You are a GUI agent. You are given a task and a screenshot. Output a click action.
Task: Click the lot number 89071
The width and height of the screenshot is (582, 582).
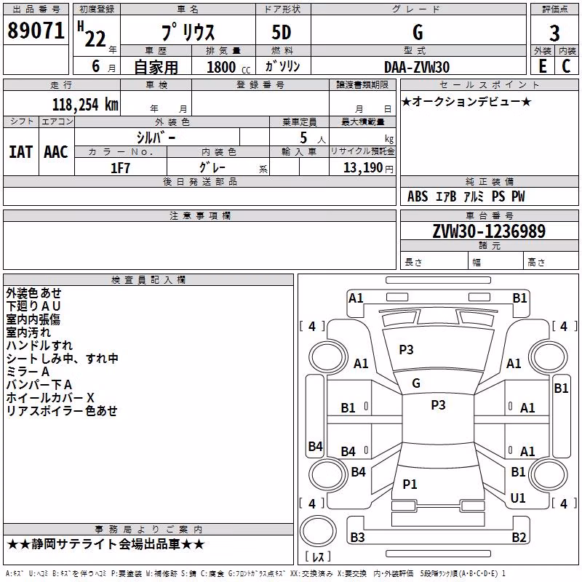pyautogui.click(x=36, y=30)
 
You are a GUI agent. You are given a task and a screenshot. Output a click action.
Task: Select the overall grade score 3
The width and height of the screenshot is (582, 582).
pyautogui.click(x=554, y=33)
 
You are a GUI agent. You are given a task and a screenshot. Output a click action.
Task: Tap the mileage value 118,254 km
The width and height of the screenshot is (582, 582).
pyautogui.click(x=85, y=105)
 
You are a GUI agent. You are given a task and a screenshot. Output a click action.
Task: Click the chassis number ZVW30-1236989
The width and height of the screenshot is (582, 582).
pyautogui.click(x=489, y=231)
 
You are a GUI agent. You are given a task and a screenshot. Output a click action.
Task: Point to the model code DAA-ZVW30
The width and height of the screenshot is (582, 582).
pyautogui.click(x=416, y=67)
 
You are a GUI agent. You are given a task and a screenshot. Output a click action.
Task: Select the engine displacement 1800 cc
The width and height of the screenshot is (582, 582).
pyautogui.click(x=228, y=67)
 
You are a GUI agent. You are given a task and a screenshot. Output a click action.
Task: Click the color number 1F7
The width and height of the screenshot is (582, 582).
pyautogui.click(x=120, y=168)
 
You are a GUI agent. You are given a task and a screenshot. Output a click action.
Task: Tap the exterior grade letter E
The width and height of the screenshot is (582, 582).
pyautogui.click(x=543, y=66)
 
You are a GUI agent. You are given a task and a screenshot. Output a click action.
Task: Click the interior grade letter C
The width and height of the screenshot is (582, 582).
pyautogui.click(x=567, y=66)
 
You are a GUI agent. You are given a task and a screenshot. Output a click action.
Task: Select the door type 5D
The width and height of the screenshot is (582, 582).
pyautogui.click(x=282, y=32)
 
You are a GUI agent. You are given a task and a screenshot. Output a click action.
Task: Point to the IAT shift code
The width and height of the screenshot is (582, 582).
pyautogui.click(x=20, y=152)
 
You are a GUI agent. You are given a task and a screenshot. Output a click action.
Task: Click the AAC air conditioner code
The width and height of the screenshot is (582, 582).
pyautogui.click(x=56, y=152)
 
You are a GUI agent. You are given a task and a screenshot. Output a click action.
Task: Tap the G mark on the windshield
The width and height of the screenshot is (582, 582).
pyautogui.click(x=416, y=383)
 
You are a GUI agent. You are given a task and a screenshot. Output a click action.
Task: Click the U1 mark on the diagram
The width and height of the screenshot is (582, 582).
pyautogui.click(x=518, y=498)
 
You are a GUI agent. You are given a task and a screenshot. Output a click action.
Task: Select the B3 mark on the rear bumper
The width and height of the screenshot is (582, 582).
pyautogui.click(x=357, y=537)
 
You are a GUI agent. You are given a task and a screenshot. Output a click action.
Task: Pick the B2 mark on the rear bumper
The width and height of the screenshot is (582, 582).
pyautogui.click(x=519, y=537)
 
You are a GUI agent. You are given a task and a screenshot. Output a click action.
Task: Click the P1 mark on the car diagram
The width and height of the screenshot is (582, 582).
pyautogui.click(x=410, y=484)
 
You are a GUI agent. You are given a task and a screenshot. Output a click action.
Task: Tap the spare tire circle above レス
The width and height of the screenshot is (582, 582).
pyautogui.click(x=318, y=531)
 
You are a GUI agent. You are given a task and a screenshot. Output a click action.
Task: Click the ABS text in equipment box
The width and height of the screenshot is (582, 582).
pyautogui.click(x=418, y=196)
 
